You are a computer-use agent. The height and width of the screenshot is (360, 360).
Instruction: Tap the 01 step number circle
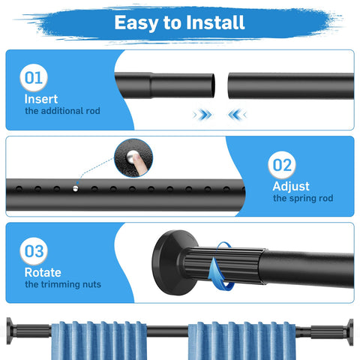(34, 78)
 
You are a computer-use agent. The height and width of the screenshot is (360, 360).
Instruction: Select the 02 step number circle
(282, 165)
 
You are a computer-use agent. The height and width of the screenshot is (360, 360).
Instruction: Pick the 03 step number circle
(34, 251)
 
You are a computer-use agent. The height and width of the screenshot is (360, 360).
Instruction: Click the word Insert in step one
(41, 99)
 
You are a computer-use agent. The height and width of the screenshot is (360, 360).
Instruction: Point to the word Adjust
(291, 187)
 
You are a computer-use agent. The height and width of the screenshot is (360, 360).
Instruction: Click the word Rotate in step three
(43, 272)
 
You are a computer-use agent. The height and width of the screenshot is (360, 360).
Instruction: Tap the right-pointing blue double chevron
(202, 115)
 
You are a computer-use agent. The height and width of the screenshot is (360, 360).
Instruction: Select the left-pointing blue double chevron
(237, 115)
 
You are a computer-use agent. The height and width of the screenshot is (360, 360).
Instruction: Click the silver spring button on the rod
(75, 189)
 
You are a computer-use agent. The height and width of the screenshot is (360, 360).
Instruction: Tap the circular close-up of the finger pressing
(133, 158)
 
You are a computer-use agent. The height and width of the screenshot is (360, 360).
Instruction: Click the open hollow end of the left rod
(212, 85)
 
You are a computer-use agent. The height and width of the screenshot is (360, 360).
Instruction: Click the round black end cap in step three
(170, 262)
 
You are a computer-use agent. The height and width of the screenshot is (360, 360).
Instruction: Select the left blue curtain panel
(99, 340)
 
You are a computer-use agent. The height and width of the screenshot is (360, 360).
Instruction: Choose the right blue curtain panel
(241, 340)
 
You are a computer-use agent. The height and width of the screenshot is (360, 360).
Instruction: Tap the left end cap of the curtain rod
(9, 331)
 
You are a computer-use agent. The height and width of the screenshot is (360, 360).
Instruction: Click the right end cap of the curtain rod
(350, 332)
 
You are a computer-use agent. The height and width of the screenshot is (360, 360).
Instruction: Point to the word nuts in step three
(91, 284)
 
